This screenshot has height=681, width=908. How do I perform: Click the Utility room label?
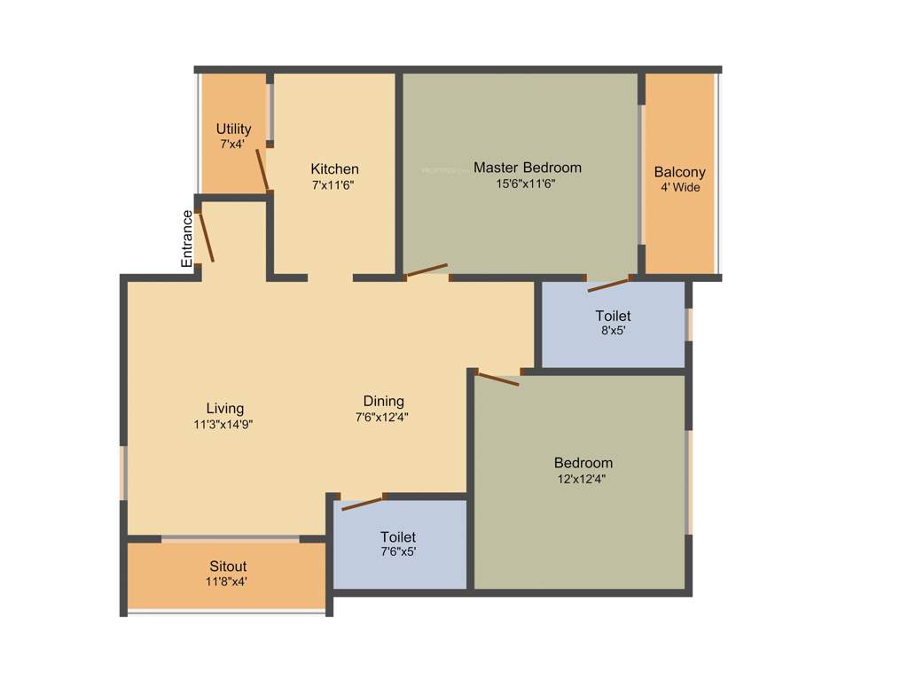click(x=233, y=129)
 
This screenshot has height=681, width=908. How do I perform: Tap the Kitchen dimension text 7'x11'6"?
click(x=333, y=185)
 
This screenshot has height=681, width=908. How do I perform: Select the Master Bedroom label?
click(x=527, y=167)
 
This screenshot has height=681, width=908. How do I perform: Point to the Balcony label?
click(x=679, y=172)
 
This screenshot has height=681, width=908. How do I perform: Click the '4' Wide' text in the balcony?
click(x=679, y=187)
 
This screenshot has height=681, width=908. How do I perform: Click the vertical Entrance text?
click(x=187, y=239)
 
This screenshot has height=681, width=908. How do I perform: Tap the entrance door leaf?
click(x=206, y=236)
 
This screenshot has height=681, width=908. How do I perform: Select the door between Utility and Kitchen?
click(x=262, y=169)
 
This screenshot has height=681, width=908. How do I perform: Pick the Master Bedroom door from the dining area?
click(x=427, y=270)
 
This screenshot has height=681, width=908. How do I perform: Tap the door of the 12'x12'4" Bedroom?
click(x=497, y=380)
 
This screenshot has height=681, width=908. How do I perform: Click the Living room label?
click(x=224, y=408)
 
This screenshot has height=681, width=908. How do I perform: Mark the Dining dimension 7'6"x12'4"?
click(x=381, y=416)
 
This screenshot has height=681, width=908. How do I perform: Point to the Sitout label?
click(x=228, y=566)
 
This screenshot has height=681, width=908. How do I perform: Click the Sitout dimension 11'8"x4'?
click(x=227, y=582)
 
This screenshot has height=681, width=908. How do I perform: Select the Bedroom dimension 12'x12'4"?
click(x=583, y=479)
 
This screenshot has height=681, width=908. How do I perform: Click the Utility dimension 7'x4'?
click(x=232, y=143)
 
